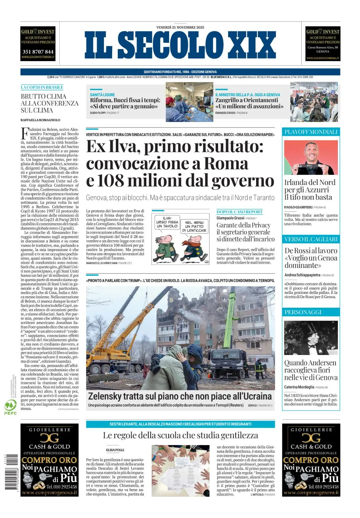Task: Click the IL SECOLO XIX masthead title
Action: point(180,45)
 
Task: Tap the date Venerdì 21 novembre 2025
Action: point(180,27)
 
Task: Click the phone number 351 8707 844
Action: point(38,52)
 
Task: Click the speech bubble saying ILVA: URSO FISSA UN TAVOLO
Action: point(167,222)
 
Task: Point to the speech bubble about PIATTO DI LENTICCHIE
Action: point(194,227)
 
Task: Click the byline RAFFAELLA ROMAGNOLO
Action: point(40,120)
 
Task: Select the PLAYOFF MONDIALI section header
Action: point(311,132)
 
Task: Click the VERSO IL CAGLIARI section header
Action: point(311,239)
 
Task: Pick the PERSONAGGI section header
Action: point(303,312)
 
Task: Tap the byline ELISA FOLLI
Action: point(115,450)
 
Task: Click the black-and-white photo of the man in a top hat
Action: point(311,338)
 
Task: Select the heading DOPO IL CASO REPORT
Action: point(240,212)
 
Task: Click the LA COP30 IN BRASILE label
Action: point(42,87)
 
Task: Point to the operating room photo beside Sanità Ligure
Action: point(189,102)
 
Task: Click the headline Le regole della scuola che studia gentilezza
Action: point(180,435)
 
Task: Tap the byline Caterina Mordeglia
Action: point(299,387)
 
